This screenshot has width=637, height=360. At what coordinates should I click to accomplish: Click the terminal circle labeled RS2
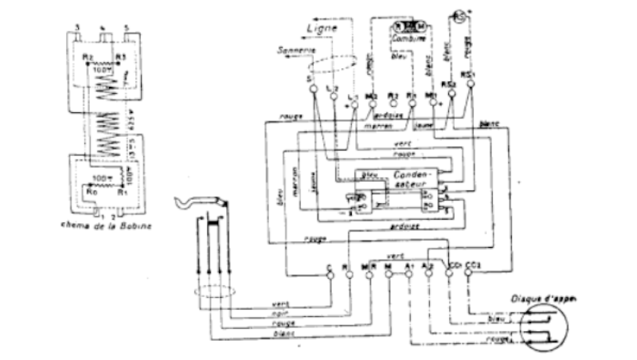coord(452,88)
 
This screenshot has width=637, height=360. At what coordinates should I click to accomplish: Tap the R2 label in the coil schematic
coord(88,57)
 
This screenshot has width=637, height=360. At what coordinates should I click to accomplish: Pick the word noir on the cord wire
coord(278,313)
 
